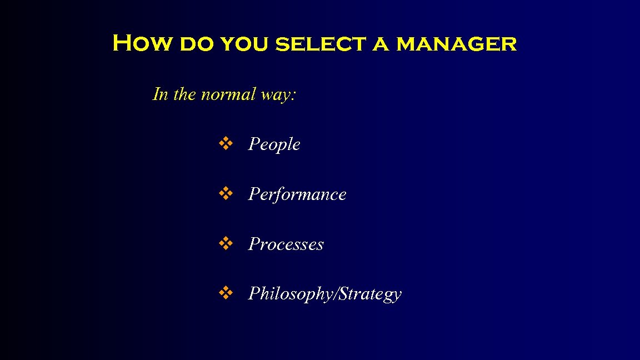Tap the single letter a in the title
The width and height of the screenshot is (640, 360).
pos(381,44)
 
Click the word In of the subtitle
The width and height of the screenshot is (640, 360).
pos(161,94)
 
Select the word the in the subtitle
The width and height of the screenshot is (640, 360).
pos(184,94)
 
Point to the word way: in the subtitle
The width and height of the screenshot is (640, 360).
pos(278,95)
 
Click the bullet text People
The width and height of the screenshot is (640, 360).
pos(274,144)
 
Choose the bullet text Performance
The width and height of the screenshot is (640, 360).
pos(297,194)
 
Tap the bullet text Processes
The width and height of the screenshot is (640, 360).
pos(286,244)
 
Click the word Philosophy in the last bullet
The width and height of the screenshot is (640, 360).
pos(289,294)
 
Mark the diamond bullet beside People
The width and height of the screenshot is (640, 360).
pos(224,144)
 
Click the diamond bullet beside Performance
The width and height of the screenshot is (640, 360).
pos(224,194)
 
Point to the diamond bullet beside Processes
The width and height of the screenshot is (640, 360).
pos(224,243)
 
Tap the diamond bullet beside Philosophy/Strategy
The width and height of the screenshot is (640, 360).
pos(224,293)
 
